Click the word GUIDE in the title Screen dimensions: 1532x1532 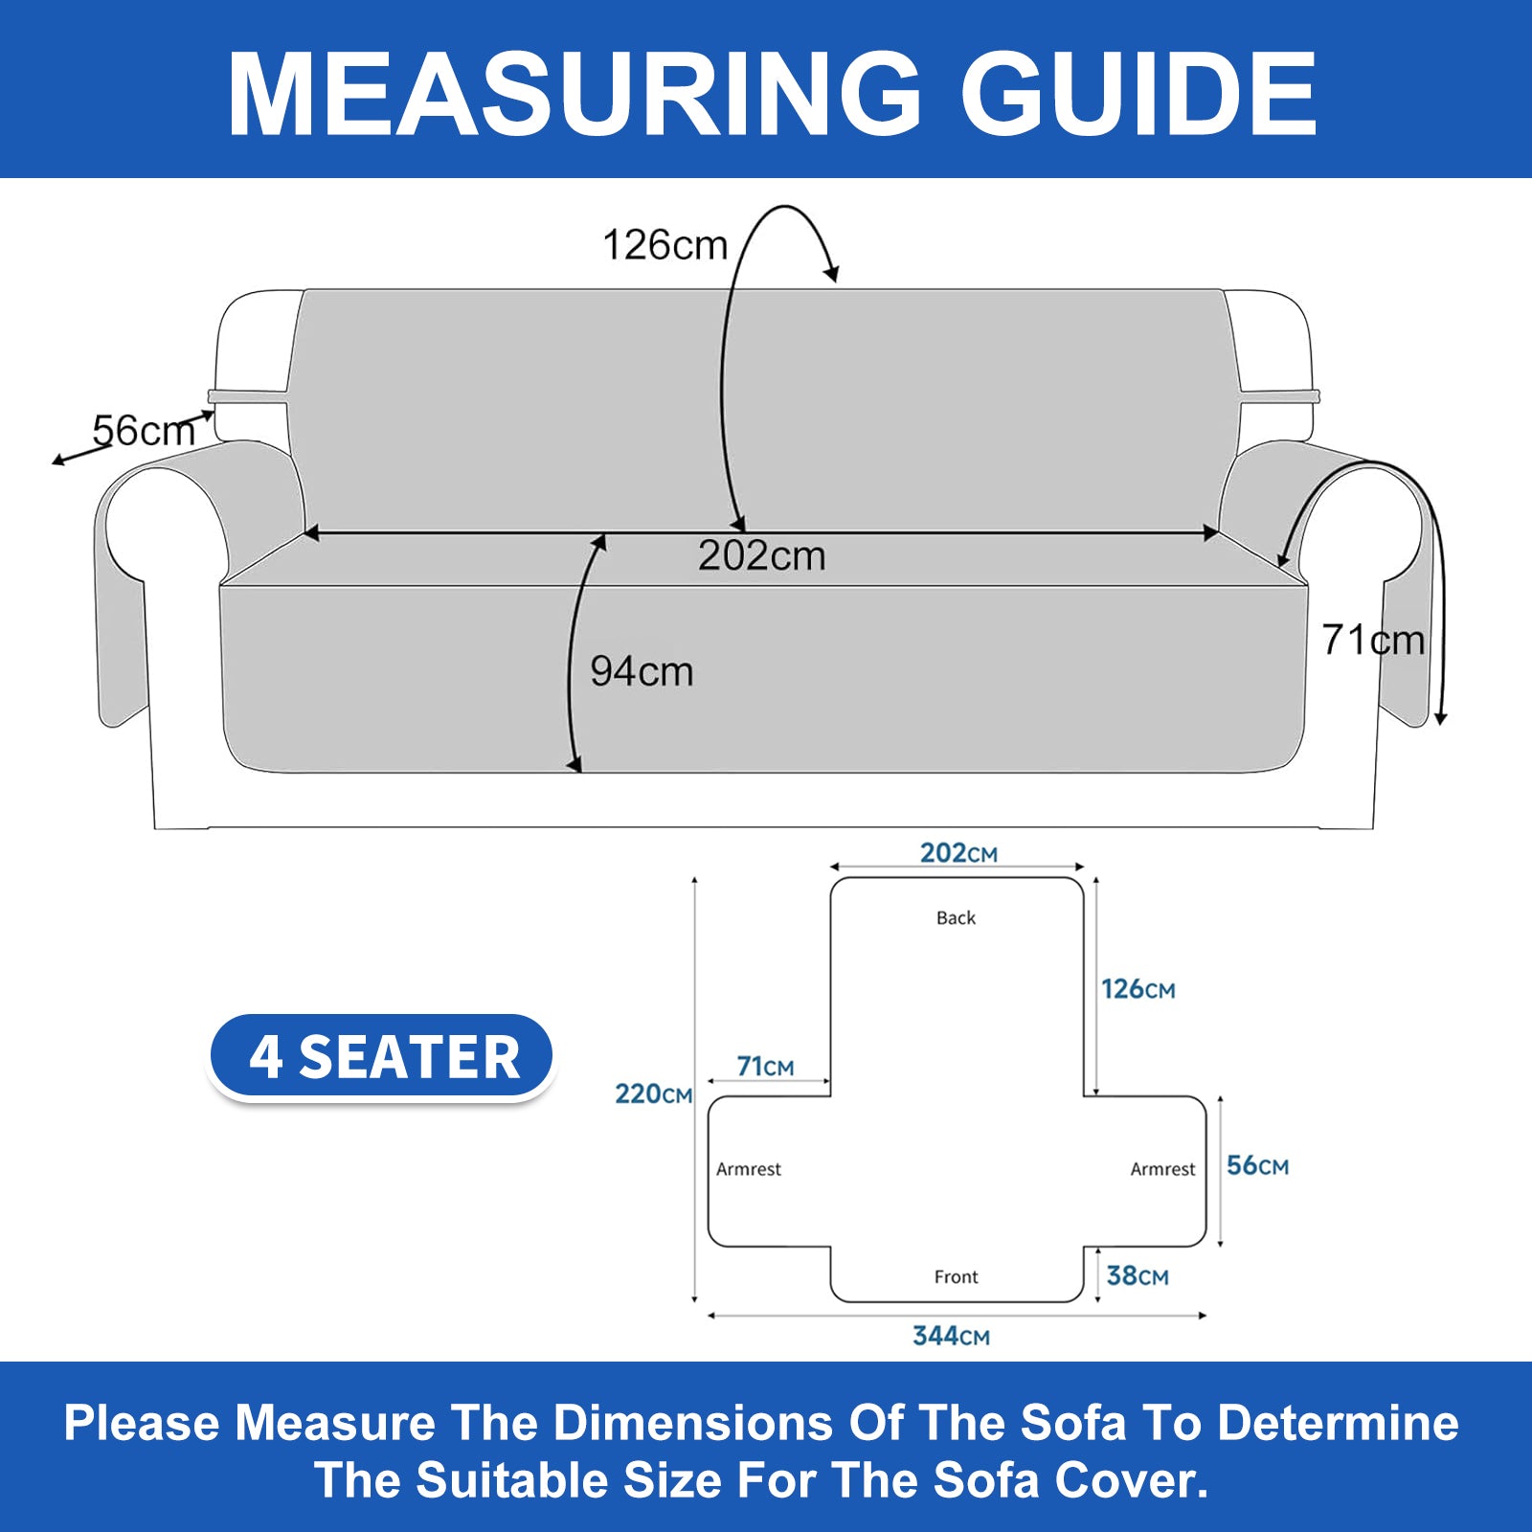pos(1139,93)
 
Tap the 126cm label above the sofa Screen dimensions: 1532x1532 pos(665,245)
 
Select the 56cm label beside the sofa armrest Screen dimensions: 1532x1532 pos(144,431)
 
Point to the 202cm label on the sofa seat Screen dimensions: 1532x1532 pos(761,556)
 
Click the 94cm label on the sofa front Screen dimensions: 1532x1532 pos(642,671)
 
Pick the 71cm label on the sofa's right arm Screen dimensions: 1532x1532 pos(1373,640)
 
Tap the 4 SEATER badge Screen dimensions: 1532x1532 pos(382,1057)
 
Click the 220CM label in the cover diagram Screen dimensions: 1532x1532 pos(653,1093)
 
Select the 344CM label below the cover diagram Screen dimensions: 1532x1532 pos(951,1336)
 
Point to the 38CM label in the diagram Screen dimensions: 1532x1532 pos(1138,1275)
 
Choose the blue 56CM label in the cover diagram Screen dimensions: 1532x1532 pos(1258,1165)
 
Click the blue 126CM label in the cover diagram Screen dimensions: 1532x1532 pos(1138,989)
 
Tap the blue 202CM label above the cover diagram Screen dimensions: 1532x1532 pos(958,852)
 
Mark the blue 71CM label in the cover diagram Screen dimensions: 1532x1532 pos(765,1066)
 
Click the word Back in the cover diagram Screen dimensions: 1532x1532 pos(956,917)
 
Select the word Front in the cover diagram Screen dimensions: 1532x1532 pos(956,1276)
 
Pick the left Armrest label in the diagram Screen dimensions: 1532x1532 pos(749,1169)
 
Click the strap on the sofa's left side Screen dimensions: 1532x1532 pos(249,396)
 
